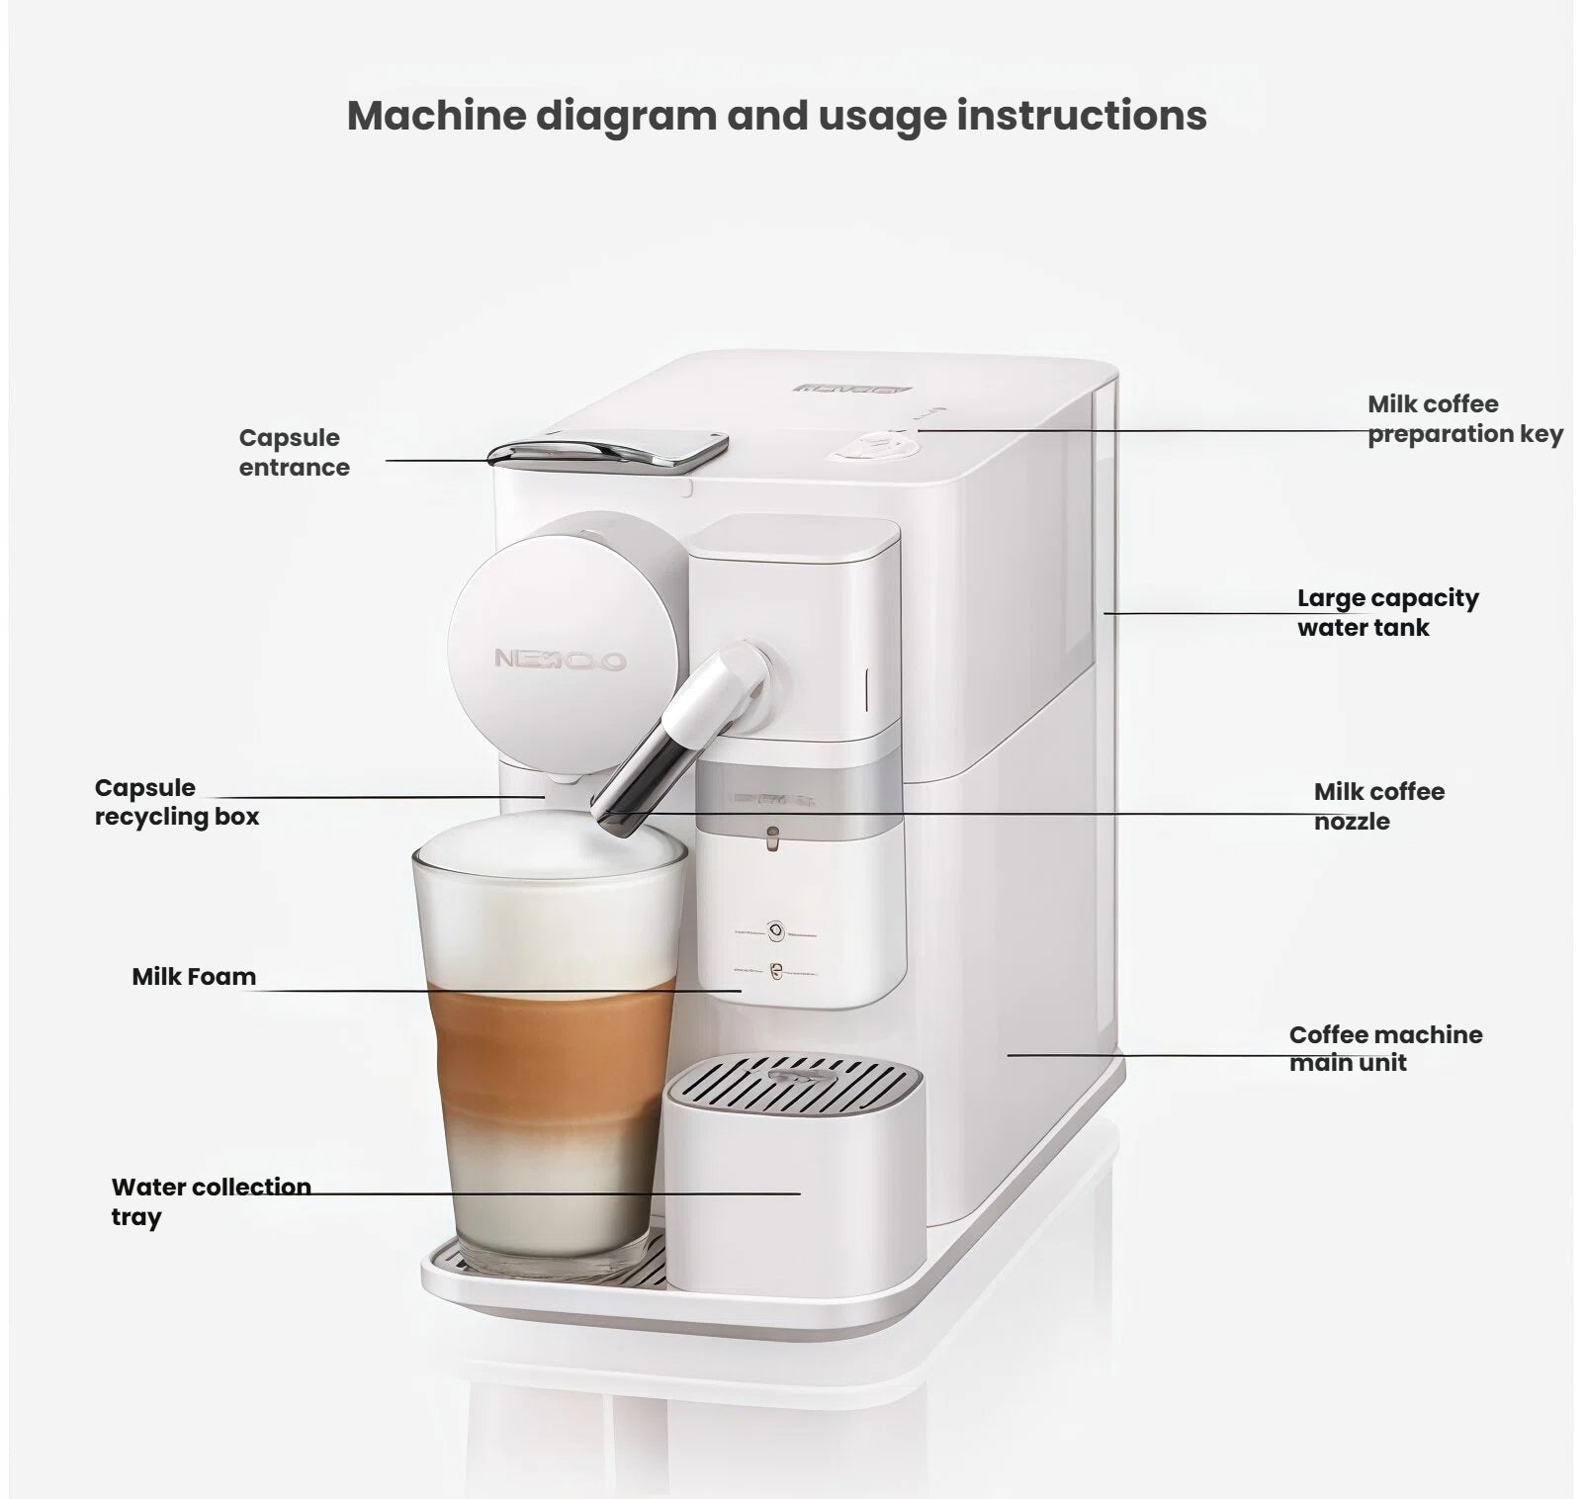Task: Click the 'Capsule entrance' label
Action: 294,452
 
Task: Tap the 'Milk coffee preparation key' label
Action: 1464,419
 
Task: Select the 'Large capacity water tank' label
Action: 1387,612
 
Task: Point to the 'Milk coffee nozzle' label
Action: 1378,806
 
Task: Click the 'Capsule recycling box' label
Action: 176,802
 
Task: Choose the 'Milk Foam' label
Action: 194,976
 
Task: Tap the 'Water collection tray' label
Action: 210,1200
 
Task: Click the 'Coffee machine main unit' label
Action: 1385,1048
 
